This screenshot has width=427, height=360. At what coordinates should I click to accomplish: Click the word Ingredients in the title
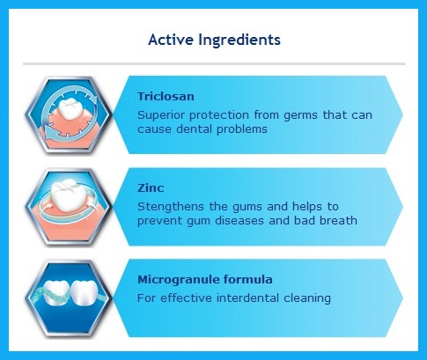tap(239, 40)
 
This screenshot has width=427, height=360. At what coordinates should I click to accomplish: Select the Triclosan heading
tap(166, 96)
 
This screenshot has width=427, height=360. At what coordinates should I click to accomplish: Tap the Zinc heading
tap(151, 187)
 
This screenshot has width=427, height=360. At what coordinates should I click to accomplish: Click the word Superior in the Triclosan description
tap(161, 115)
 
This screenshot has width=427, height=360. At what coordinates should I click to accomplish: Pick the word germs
tap(300, 115)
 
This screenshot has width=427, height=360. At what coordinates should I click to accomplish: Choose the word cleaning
tap(307, 298)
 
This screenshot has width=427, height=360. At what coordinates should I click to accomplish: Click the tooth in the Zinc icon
tap(68, 195)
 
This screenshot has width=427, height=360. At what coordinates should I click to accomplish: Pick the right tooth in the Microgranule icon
tap(85, 293)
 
